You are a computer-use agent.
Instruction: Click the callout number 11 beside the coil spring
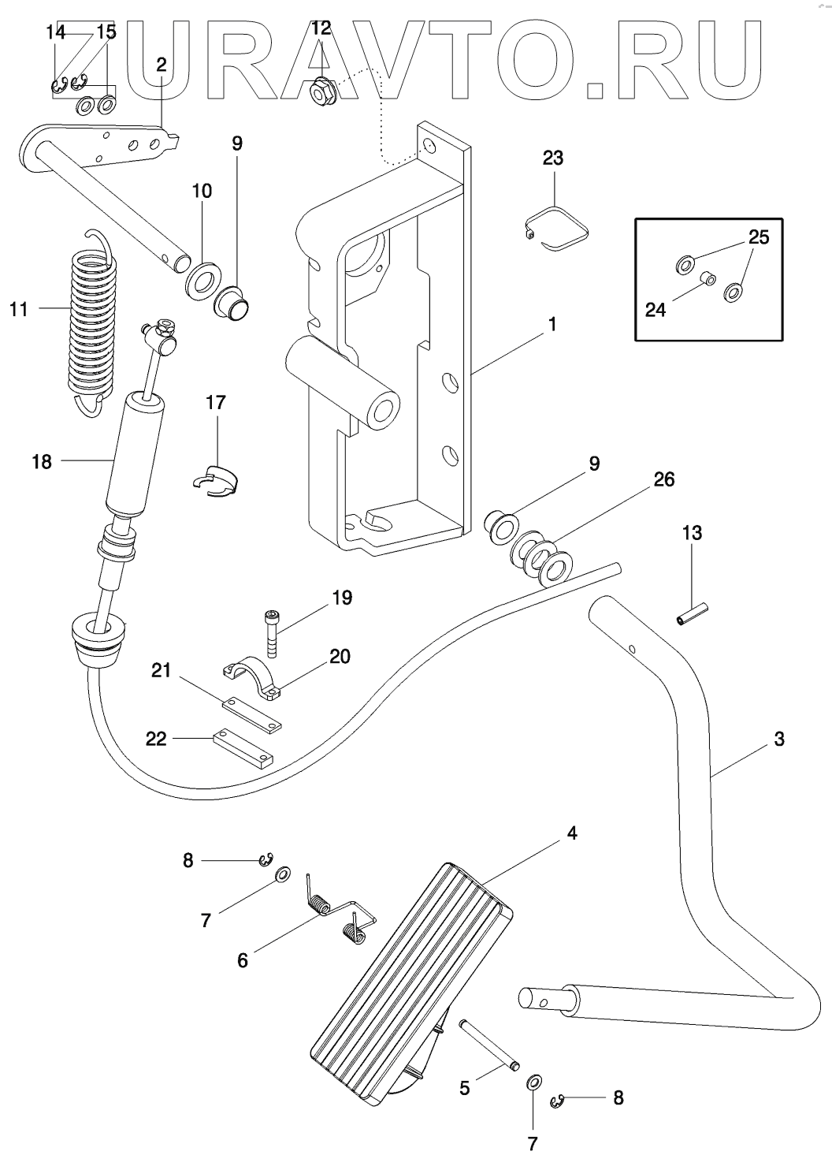[x=19, y=309]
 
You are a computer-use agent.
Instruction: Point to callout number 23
[x=553, y=158]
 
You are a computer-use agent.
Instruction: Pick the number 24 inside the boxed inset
[x=656, y=310]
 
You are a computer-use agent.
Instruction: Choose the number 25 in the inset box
[x=759, y=237]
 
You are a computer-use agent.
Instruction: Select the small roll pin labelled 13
[x=693, y=613]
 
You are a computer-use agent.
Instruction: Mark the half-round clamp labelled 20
[x=251, y=676]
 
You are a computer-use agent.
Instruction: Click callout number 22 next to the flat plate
[x=157, y=739]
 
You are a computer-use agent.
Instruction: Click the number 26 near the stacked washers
[x=664, y=479]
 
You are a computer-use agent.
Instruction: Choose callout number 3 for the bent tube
[x=779, y=740]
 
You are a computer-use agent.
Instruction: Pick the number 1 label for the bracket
[x=552, y=324]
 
